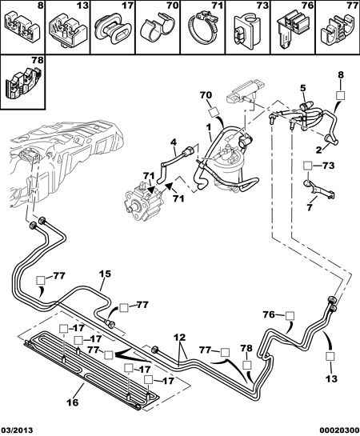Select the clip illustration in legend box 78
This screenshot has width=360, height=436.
click(x=23, y=82)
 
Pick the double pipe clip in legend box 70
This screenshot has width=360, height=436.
click(x=158, y=27)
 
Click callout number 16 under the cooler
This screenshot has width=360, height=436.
click(x=73, y=402)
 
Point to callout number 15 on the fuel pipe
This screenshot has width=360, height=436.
click(x=105, y=274)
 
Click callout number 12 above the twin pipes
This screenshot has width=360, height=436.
click(x=180, y=338)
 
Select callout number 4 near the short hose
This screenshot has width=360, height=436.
click(x=174, y=143)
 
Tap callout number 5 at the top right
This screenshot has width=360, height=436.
click(x=302, y=88)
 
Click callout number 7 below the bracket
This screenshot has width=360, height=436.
click(x=310, y=207)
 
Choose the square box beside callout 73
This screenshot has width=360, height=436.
click(x=307, y=166)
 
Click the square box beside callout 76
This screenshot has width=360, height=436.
click(x=290, y=315)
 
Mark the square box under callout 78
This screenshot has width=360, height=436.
click(x=247, y=365)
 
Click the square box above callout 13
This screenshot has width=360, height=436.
click(x=330, y=356)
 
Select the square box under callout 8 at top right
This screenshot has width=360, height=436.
click(x=341, y=95)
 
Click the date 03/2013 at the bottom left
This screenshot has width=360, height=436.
click(x=17, y=430)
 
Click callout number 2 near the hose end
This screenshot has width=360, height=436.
click(x=318, y=150)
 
